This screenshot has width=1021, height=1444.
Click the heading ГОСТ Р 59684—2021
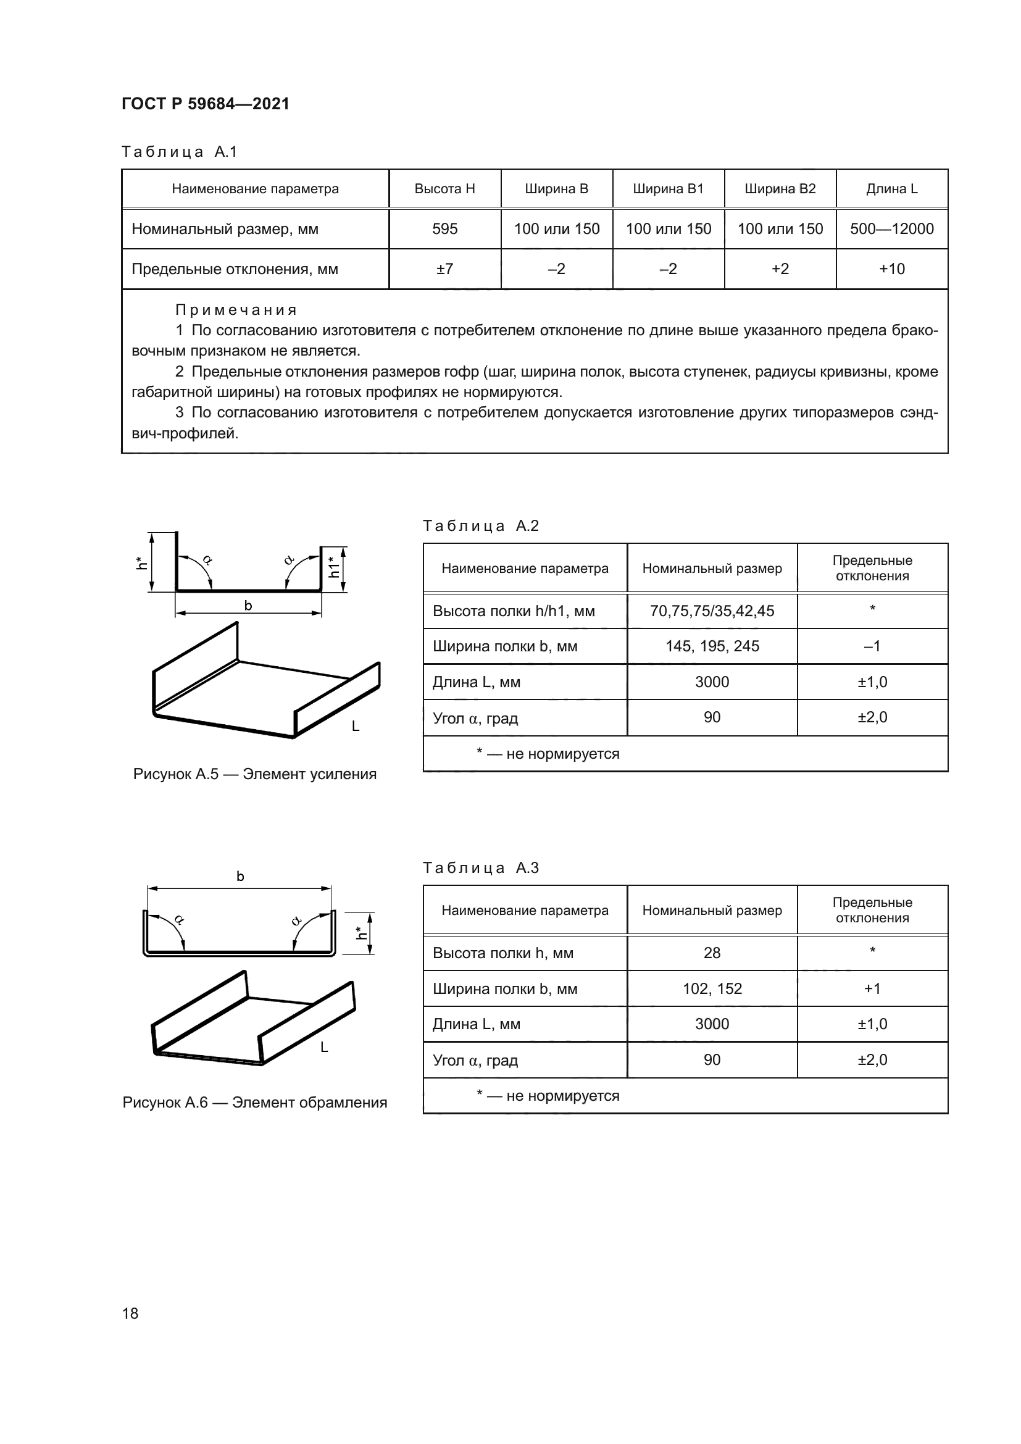point(205,104)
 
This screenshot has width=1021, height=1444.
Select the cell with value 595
point(444,229)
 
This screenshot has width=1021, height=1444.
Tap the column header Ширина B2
point(780,189)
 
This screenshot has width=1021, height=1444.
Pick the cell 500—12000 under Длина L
point(891,229)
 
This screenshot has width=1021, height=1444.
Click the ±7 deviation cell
point(444,269)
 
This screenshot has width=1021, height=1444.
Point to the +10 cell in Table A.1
point(891,269)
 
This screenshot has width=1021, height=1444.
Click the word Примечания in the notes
point(236,310)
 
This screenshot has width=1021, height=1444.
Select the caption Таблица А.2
point(481,526)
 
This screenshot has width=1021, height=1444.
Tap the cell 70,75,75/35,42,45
point(712,611)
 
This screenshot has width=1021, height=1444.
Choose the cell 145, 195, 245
point(712,646)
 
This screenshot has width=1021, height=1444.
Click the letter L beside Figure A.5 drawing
point(355,727)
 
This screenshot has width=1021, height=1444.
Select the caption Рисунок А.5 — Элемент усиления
point(254,774)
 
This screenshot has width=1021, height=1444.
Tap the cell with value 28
point(712,953)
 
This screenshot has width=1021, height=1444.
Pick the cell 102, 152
point(712,988)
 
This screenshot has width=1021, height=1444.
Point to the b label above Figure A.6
point(240,876)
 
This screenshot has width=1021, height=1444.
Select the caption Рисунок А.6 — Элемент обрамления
point(254,1103)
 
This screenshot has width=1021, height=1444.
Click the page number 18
point(130,1313)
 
